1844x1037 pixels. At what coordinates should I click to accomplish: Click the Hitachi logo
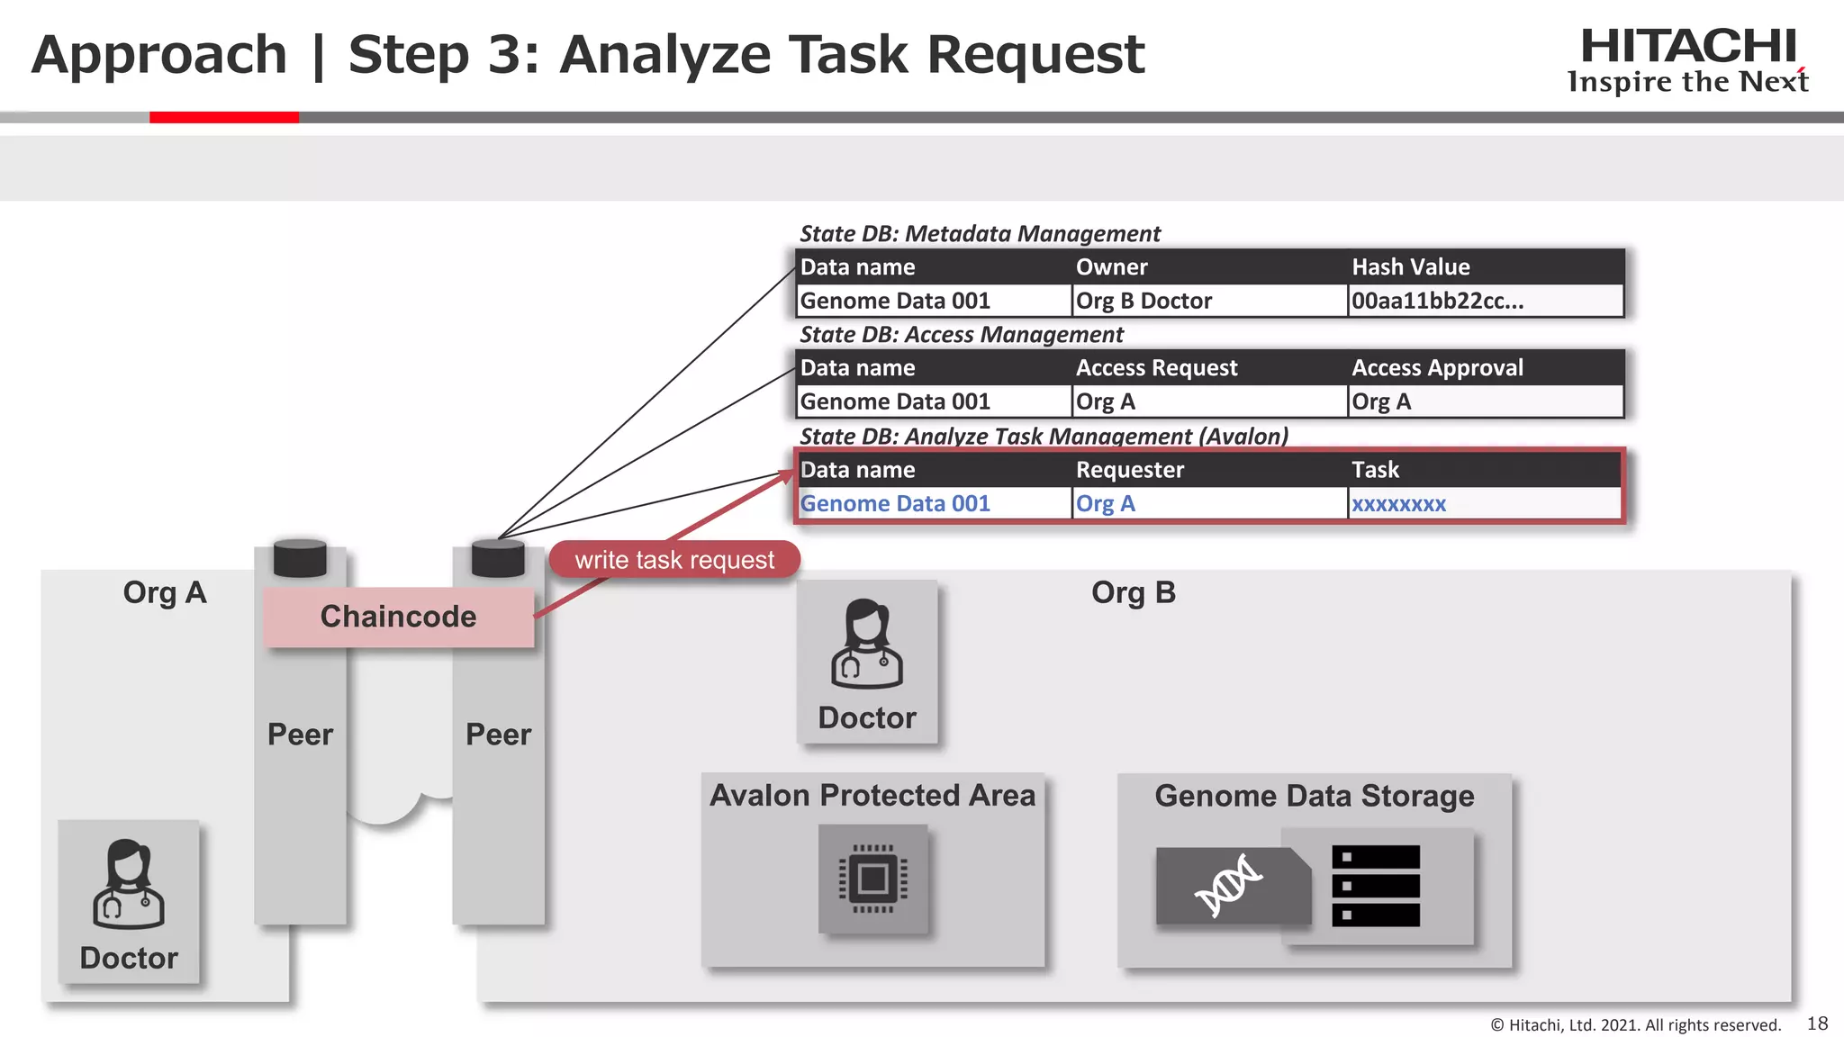click(1688, 59)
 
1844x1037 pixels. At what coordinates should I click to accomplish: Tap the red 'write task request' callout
click(674, 560)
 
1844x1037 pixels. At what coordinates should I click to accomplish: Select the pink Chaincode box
click(398, 617)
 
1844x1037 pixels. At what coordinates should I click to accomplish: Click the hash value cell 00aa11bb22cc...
click(1437, 301)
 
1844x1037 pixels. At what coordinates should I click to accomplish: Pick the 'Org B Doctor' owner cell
click(1143, 301)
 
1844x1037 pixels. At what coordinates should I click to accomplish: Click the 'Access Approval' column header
click(1437, 367)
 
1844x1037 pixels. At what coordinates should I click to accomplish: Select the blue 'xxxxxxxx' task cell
click(1398, 504)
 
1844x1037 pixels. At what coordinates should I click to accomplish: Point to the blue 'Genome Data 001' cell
click(895, 504)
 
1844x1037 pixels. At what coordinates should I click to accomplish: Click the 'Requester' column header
click(1129, 470)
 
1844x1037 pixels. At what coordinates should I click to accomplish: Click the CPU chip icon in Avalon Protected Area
click(872, 879)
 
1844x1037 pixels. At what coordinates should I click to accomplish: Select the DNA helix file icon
click(1230, 886)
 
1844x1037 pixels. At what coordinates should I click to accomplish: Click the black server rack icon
click(1375, 886)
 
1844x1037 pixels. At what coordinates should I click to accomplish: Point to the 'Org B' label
click(1133, 593)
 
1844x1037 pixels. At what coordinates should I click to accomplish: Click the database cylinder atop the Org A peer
click(300, 558)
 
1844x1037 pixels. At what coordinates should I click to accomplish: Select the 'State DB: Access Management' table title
click(961, 335)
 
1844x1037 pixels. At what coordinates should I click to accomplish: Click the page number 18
click(1817, 1023)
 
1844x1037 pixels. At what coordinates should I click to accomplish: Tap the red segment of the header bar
click(223, 117)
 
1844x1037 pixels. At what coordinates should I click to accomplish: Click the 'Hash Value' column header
click(1410, 267)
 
